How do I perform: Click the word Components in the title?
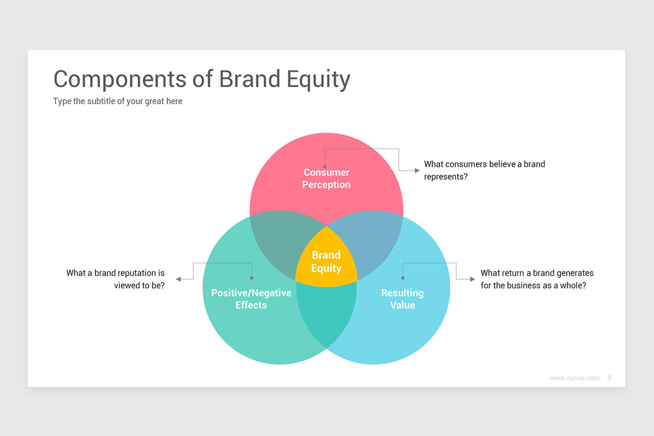click(x=119, y=79)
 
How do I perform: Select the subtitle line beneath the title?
click(x=118, y=101)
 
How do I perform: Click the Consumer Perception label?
click(x=326, y=179)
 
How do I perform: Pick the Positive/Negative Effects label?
click(x=251, y=299)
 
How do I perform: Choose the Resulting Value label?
click(x=402, y=299)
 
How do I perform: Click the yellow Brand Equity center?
click(x=326, y=262)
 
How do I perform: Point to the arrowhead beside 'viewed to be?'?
click(x=178, y=279)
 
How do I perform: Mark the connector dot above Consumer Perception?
click(x=325, y=167)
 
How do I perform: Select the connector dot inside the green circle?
click(x=251, y=278)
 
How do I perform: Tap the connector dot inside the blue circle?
click(x=403, y=278)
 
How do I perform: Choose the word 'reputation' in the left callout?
click(x=138, y=273)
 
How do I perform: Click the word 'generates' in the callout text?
click(x=575, y=273)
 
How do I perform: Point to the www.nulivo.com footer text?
click(x=574, y=378)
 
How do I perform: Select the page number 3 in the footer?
click(x=609, y=378)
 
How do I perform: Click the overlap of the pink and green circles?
click(x=275, y=240)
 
